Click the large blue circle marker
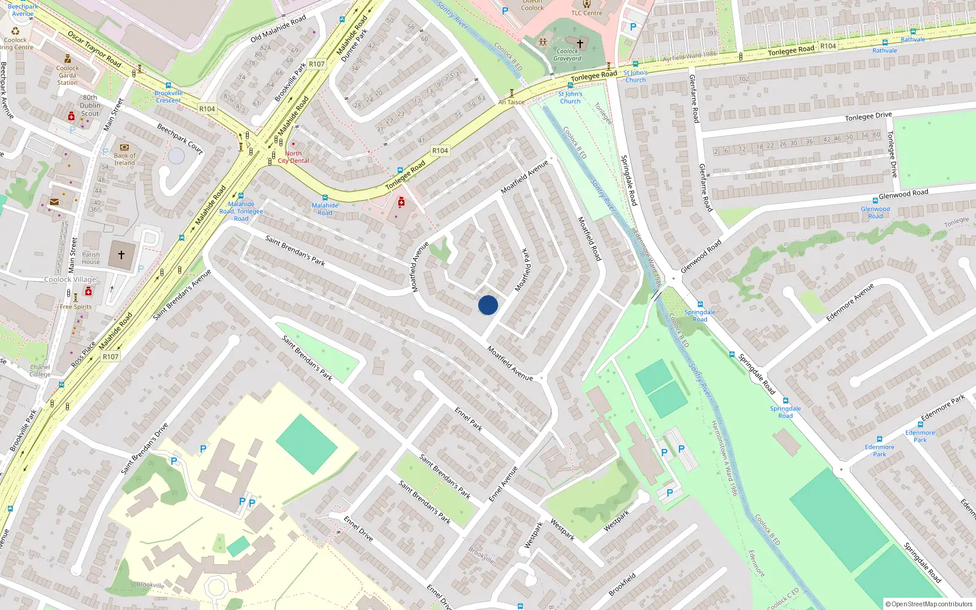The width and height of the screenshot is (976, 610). (488, 305)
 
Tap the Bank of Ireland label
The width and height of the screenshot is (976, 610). (124, 159)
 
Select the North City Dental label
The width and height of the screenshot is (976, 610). (293, 157)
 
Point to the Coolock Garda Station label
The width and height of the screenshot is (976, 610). (67, 75)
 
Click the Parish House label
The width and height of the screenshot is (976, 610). (91, 258)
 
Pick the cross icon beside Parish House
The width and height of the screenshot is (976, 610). (121, 255)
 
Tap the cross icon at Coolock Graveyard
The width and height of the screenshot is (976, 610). (580, 43)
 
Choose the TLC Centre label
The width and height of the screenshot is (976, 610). (587, 13)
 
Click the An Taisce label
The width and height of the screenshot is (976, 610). (511, 102)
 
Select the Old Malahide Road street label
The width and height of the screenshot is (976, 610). (278, 29)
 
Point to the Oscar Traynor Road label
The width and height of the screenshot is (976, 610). (94, 48)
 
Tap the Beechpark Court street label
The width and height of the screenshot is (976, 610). (180, 138)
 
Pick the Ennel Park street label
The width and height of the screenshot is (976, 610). (468, 419)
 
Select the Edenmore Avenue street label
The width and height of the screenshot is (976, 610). (850, 302)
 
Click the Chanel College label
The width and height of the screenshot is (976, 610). (40, 370)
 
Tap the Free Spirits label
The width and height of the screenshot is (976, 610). (76, 307)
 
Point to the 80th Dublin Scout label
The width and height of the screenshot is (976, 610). (90, 106)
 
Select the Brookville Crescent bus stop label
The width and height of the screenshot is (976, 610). (168, 96)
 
